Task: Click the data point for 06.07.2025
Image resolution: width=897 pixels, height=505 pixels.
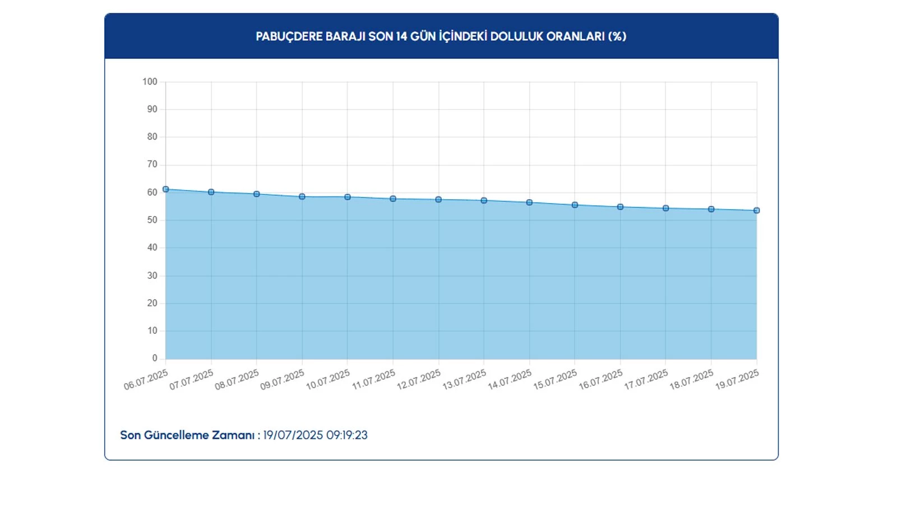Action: tap(165, 189)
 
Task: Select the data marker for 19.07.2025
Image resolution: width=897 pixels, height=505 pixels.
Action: tap(756, 210)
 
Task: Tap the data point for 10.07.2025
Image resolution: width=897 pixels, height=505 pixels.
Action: tap(348, 197)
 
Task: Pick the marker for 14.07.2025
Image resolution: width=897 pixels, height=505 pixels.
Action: tap(529, 203)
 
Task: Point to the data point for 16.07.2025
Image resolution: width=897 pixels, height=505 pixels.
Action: tap(620, 207)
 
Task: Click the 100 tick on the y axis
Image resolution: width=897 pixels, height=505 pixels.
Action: tap(150, 82)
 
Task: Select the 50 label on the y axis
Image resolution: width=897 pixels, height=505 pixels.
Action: tap(152, 220)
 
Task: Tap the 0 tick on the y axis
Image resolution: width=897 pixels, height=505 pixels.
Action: tap(155, 359)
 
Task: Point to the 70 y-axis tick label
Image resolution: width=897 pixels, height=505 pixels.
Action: tap(152, 164)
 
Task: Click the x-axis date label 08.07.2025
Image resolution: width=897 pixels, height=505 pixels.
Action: tap(237, 379)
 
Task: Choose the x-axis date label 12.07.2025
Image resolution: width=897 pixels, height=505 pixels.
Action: tap(419, 379)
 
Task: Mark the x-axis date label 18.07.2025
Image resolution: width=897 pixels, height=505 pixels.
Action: tap(692, 379)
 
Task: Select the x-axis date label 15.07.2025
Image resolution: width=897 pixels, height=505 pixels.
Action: tap(555, 379)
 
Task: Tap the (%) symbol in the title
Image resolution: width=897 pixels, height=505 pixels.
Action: tap(617, 36)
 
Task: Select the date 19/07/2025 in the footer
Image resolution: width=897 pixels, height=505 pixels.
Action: tap(293, 435)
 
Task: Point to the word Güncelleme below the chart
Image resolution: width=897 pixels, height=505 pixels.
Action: tap(175, 435)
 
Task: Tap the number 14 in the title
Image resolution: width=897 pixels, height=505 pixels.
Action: tap(401, 36)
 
